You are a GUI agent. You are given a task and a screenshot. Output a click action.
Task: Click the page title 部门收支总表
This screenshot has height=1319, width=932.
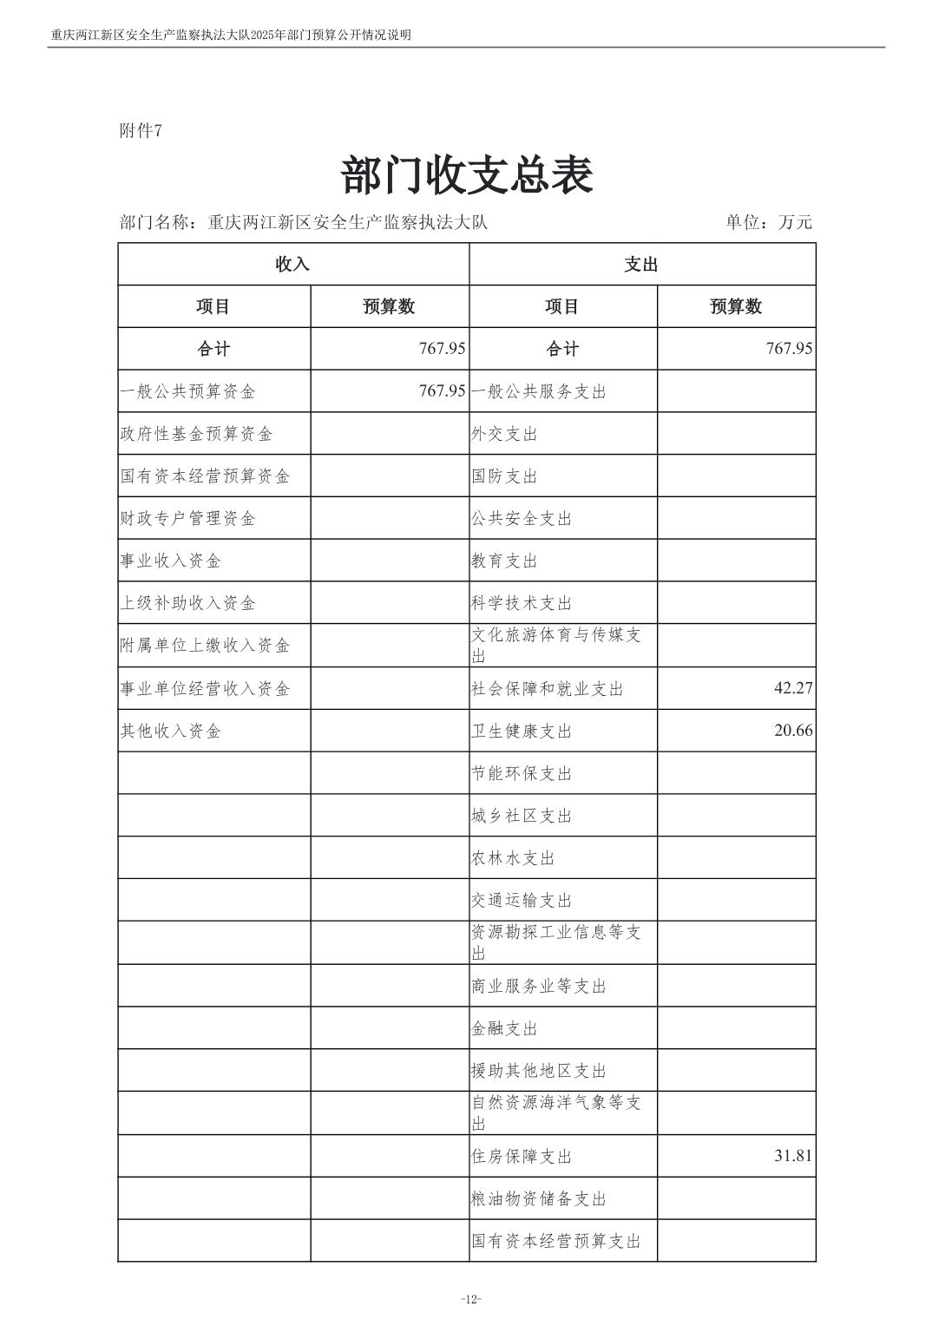pyautogui.click(x=467, y=176)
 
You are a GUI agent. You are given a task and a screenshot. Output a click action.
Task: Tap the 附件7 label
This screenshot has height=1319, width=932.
pyautogui.click(x=141, y=131)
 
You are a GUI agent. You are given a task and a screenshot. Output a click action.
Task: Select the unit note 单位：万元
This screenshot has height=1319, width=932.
pyautogui.click(x=769, y=222)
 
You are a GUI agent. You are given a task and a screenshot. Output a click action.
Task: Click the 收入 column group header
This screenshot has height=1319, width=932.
pyautogui.click(x=292, y=265)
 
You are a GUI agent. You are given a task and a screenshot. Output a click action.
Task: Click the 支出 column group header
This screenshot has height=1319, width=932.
pyautogui.click(x=641, y=265)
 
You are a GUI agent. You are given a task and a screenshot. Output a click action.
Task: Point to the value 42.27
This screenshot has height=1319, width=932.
pyautogui.click(x=793, y=688)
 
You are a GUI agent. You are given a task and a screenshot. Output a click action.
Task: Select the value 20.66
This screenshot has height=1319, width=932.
pyautogui.click(x=793, y=731)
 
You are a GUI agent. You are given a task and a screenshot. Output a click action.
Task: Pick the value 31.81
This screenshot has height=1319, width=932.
pyautogui.click(x=793, y=1156)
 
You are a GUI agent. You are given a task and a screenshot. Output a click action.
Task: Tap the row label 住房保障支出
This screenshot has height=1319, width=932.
pyautogui.click(x=522, y=1157)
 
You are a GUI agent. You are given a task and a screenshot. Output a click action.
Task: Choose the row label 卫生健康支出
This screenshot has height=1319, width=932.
pyautogui.click(x=522, y=732)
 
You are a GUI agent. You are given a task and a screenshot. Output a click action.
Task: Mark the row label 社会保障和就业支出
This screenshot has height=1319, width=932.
pyautogui.click(x=548, y=689)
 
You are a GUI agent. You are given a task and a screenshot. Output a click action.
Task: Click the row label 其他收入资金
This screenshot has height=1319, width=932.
pyautogui.click(x=171, y=732)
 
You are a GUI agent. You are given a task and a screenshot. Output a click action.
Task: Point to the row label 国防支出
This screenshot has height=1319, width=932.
pyautogui.click(x=504, y=476)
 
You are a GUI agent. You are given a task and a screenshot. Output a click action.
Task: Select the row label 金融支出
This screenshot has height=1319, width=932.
pyautogui.click(x=504, y=1029)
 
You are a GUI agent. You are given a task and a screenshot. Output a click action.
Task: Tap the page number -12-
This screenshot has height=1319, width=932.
pyautogui.click(x=470, y=1299)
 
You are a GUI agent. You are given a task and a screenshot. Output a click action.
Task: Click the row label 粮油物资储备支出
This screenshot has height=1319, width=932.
pyautogui.click(x=539, y=1199)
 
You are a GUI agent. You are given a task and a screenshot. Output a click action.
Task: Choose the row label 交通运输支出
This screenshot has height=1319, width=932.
pyautogui.click(x=522, y=902)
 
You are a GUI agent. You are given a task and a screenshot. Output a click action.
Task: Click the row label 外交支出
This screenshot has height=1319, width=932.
pyautogui.click(x=504, y=434)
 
